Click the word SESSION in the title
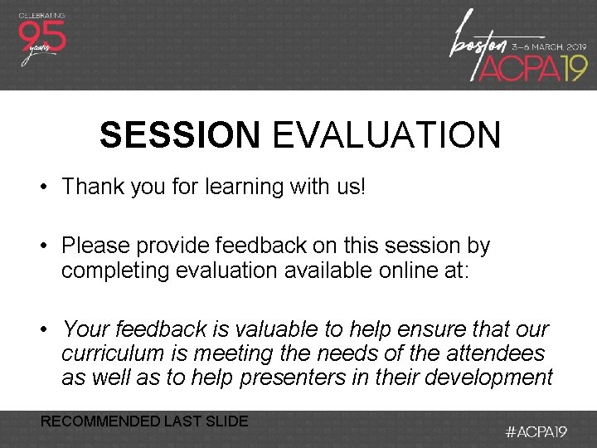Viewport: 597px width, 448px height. pyautogui.click(x=179, y=135)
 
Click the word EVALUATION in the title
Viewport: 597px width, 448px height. pyautogui.click(x=386, y=135)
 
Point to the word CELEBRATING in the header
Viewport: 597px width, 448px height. pyautogui.click(x=41, y=14)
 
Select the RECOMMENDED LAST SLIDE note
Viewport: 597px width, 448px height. pyautogui.click(x=144, y=421)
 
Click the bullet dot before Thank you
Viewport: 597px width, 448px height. pyautogui.click(x=43, y=187)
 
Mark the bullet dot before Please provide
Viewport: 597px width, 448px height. pyautogui.click(x=43, y=246)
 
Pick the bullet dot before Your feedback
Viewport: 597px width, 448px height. pyautogui.click(x=43, y=330)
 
